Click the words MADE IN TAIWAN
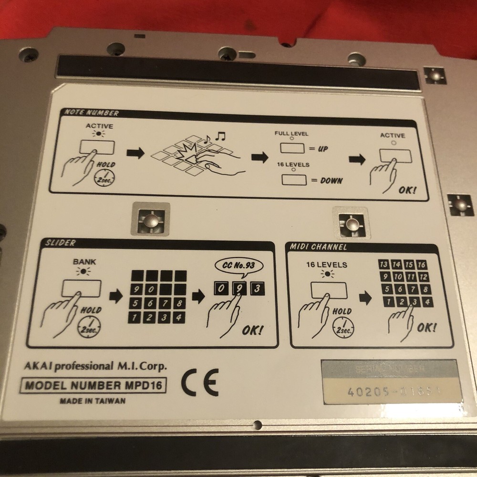pyautogui.click(x=93, y=401)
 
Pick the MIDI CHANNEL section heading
pyautogui.click(x=318, y=247)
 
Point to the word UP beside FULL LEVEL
pyautogui.click(x=323, y=149)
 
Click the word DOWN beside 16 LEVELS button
pyautogui.click(x=329, y=181)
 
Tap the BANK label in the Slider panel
pyautogui.click(x=81, y=262)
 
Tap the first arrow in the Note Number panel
pyautogui.click(x=136, y=153)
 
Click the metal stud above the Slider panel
pyautogui.click(x=151, y=220)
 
